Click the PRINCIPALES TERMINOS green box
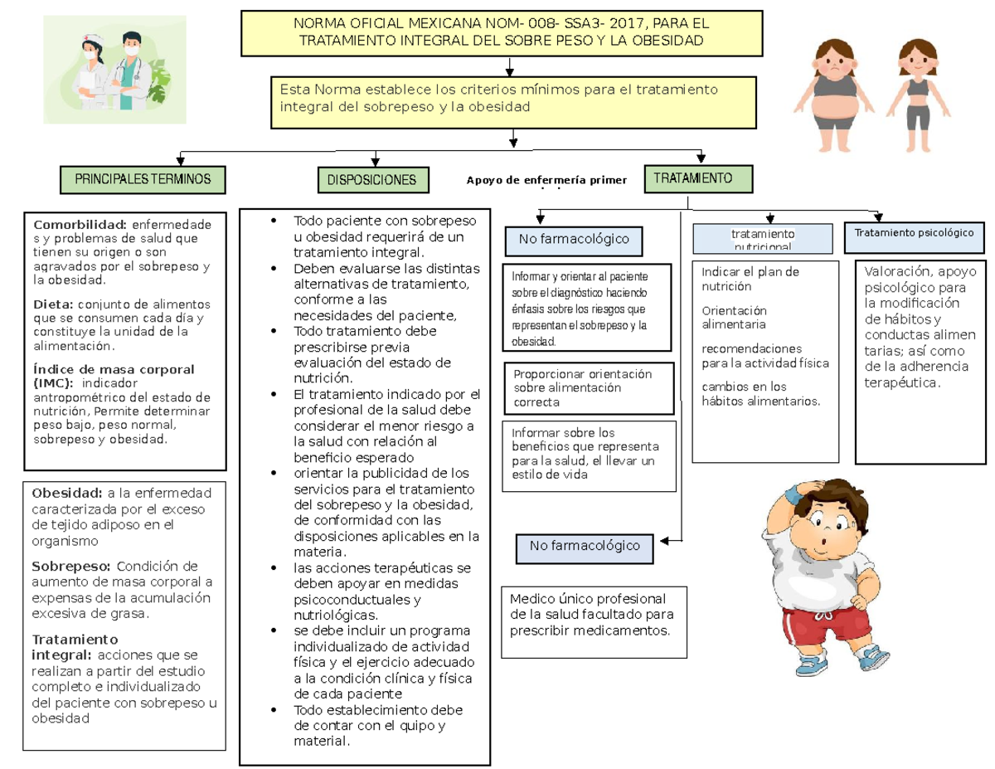(143, 178)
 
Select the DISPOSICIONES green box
(372, 180)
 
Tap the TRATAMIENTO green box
(698, 178)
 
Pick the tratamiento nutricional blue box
(762, 239)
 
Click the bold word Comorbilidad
(80, 224)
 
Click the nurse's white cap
(90, 40)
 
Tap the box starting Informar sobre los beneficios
(590, 455)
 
